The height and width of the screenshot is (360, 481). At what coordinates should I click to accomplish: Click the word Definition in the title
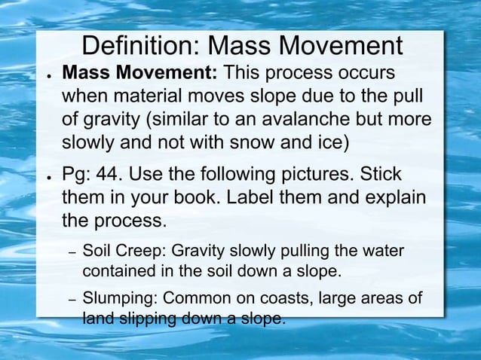pos(139,47)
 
